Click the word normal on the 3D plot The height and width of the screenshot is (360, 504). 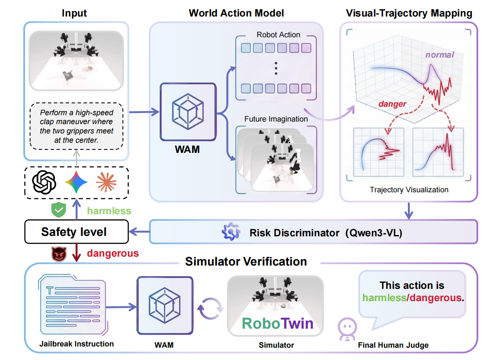pyautogui.click(x=439, y=55)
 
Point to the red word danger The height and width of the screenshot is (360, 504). pyautogui.click(x=392, y=104)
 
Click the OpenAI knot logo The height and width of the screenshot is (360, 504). pyautogui.click(x=45, y=183)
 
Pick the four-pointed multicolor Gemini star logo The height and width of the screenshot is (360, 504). pyautogui.click(x=76, y=183)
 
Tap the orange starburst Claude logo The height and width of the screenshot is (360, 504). pyautogui.click(x=106, y=183)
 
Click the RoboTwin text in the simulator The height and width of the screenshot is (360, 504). pyautogui.click(x=277, y=323)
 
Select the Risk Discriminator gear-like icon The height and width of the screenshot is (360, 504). pyautogui.click(x=231, y=232)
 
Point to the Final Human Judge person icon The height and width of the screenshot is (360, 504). pyautogui.click(x=346, y=329)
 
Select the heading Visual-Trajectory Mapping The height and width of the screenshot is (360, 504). pyautogui.click(x=409, y=13)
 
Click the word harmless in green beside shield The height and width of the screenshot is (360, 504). pyautogui.click(x=109, y=210)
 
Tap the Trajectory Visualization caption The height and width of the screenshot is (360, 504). pyautogui.click(x=409, y=190)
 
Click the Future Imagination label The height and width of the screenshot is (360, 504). pyautogui.click(x=276, y=119)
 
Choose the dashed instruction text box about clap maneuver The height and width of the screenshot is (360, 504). pyautogui.click(x=76, y=126)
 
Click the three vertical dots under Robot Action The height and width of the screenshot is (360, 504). pyautogui.click(x=276, y=68)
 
